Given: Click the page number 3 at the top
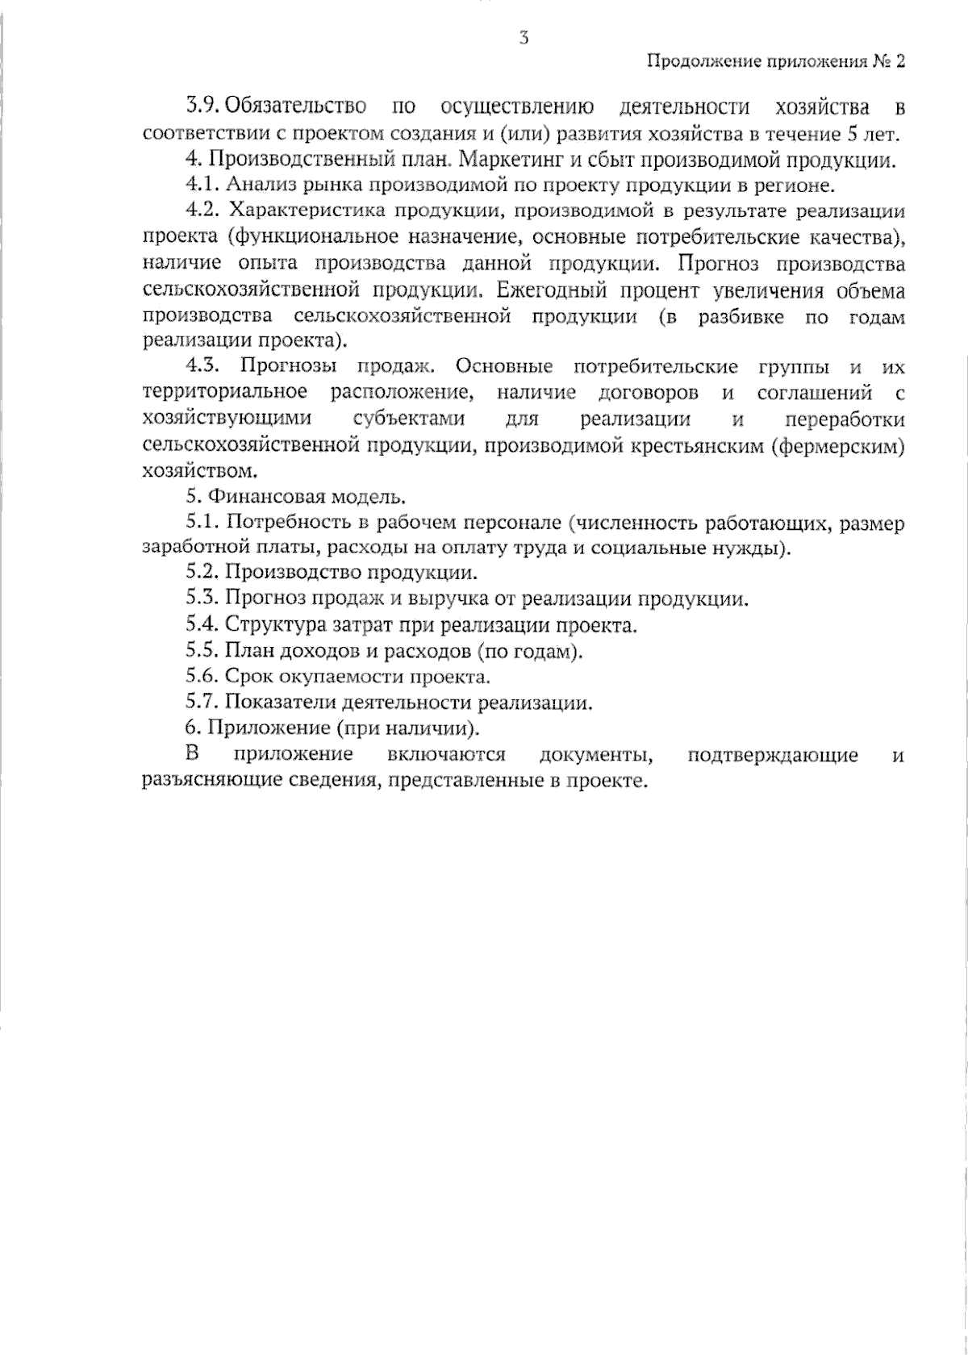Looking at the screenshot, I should [524, 38].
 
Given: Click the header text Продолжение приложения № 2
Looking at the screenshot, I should [776, 62].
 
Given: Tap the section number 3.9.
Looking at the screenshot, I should [202, 106].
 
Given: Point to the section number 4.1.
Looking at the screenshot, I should [202, 185].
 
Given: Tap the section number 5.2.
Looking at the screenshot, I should [202, 573].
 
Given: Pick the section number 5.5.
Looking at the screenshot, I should [202, 651].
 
